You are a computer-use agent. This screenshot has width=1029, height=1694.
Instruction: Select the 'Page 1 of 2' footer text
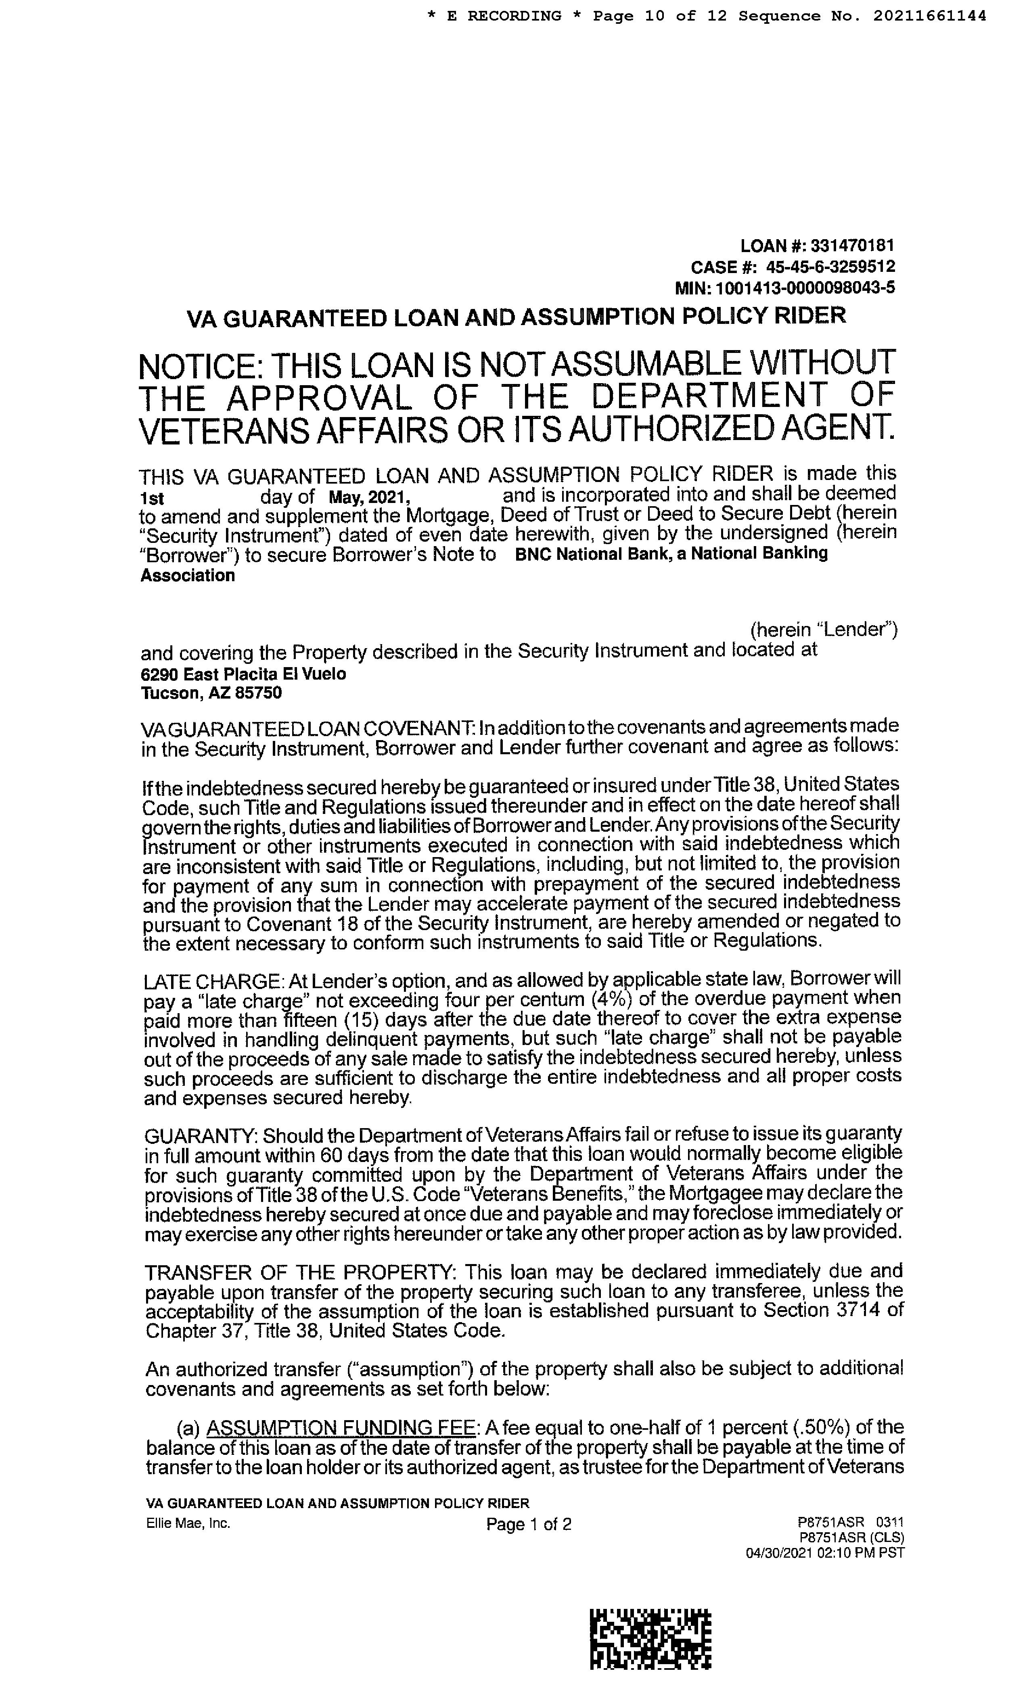[528, 1525]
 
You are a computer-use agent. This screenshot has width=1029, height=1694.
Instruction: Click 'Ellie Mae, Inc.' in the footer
[188, 1523]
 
